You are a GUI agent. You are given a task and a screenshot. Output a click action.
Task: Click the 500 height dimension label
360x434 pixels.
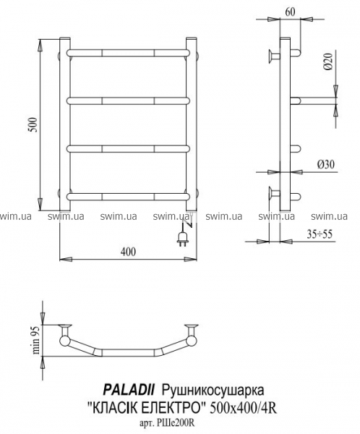pos(33,125)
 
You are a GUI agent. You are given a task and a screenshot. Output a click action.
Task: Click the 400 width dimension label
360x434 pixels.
pos(129,252)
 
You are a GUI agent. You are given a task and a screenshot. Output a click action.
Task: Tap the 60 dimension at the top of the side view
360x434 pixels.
pos(290,12)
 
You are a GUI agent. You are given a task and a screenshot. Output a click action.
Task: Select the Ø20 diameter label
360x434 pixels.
pos(328,61)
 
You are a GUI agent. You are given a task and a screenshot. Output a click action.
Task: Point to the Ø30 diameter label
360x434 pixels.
pos(326,165)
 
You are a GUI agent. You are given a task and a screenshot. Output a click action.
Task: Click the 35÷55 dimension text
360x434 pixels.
pos(320,234)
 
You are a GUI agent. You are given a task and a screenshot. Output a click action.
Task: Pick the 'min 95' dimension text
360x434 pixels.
pos(37,340)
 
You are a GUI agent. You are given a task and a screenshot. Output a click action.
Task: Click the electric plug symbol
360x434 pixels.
pos(183,238)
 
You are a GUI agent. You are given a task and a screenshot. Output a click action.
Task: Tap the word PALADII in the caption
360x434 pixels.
pos(129,391)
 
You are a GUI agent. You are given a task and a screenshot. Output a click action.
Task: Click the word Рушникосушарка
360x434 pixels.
pos(213,391)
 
